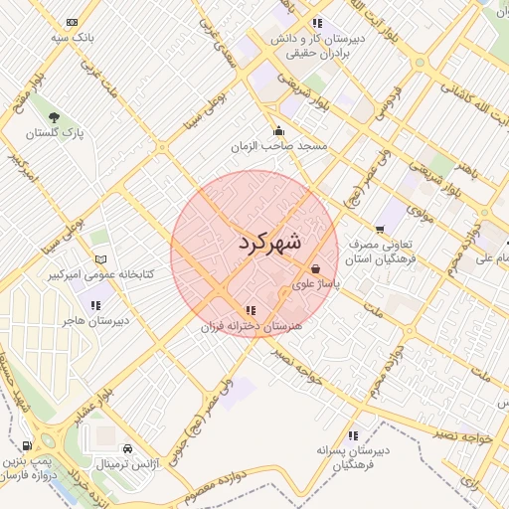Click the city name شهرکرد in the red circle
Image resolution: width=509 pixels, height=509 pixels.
click(269, 242)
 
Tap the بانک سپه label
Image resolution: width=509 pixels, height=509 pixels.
click(73, 37)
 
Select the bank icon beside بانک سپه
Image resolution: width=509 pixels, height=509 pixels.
click(73, 21)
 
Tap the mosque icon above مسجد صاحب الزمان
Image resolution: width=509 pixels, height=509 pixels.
click(278, 130)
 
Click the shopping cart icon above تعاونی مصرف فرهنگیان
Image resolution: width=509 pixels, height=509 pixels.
click(381, 230)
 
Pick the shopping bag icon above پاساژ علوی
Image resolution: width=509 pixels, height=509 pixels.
click(315, 268)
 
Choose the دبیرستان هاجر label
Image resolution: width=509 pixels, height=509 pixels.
click(95, 321)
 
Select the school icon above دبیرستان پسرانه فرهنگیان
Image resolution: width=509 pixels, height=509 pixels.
click(354, 435)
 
